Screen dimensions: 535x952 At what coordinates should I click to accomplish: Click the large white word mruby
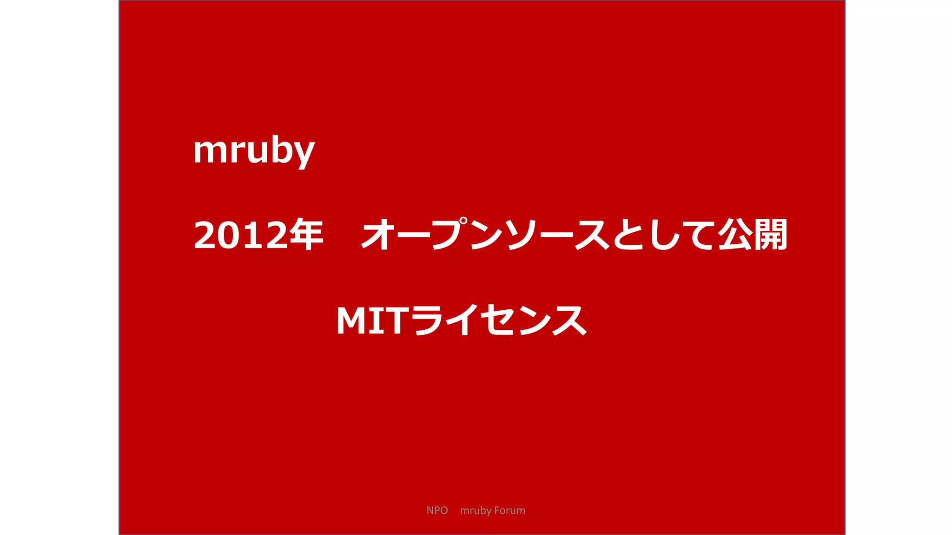254,150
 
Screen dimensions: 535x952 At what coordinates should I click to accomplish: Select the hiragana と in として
628,235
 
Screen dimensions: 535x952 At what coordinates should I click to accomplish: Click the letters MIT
372,320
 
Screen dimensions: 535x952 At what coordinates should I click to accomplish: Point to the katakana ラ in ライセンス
426,320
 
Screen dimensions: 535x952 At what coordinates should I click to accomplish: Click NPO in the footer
437,510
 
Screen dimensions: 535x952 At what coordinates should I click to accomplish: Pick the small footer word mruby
476,511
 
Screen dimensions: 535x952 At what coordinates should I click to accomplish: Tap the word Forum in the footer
509,510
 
